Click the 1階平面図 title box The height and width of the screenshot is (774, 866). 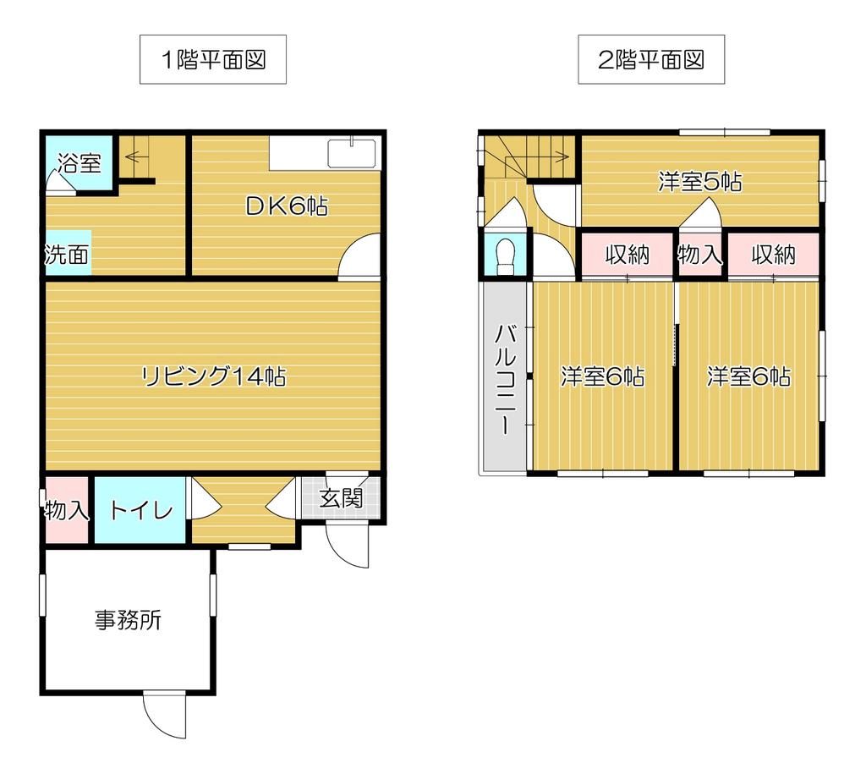tap(212, 60)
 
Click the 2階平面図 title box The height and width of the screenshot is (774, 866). tap(651, 60)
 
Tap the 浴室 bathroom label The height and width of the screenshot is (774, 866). tap(80, 163)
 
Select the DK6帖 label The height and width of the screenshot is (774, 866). tap(287, 206)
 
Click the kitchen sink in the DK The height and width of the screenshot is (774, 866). tap(352, 153)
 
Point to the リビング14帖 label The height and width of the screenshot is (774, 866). tap(214, 376)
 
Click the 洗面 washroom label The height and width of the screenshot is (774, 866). tap(67, 254)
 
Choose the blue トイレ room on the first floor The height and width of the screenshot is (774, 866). tap(140, 510)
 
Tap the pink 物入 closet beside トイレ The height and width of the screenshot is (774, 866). tap(66, 510)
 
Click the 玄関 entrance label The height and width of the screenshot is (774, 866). tap(342, 498)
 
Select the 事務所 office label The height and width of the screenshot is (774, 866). tap(129, 620)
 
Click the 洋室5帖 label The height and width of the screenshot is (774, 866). tap(700, 182)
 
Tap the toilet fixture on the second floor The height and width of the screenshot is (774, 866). tap(506, 255)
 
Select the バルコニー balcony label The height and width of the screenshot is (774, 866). tap(506, 380)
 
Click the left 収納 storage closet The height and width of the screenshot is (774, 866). tap(628, 255)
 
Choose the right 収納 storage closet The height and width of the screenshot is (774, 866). tap(773, 255)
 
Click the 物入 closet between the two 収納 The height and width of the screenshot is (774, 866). tap(700, 255)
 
